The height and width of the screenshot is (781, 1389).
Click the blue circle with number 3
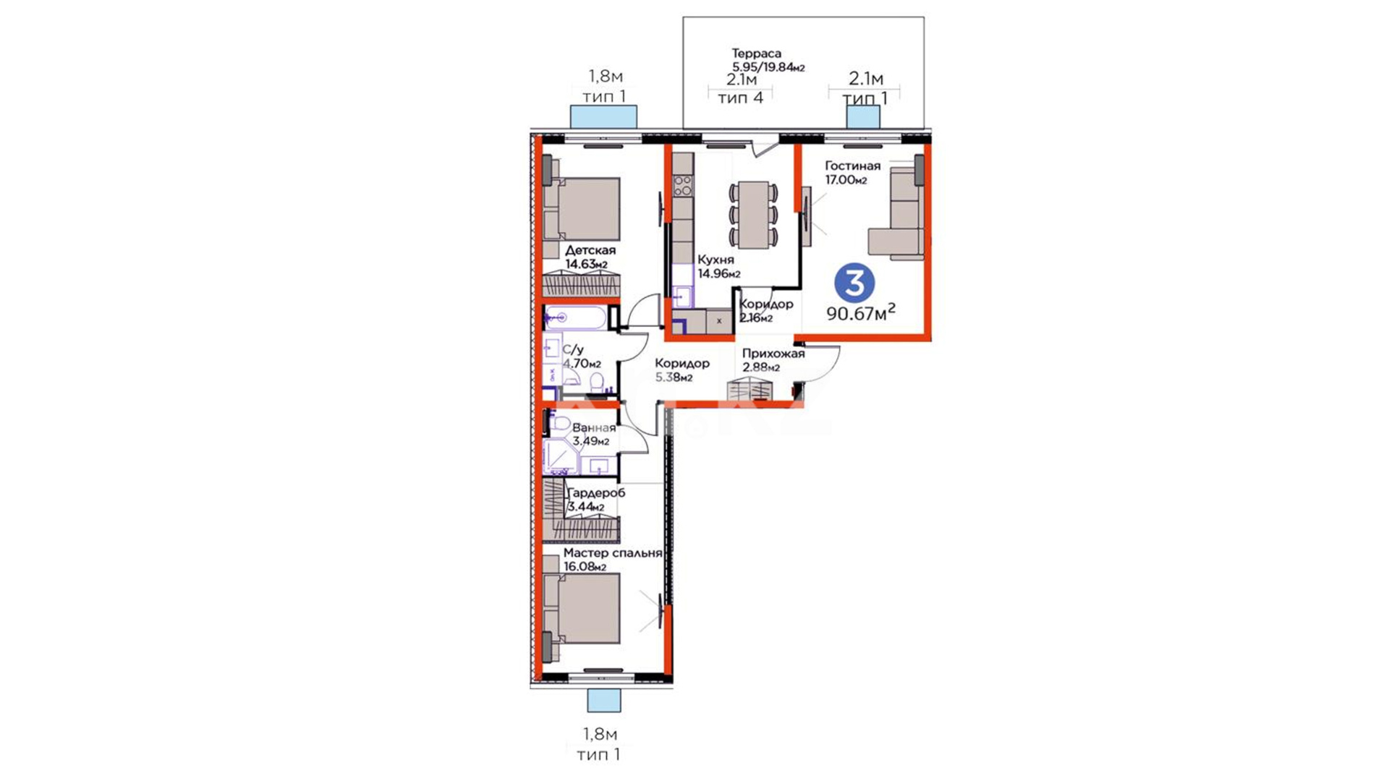tap(854, 283)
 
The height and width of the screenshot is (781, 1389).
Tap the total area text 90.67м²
tap(861, 312)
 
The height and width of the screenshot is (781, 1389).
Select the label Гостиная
tap(853, 166)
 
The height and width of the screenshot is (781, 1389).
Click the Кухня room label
tap(715, 260)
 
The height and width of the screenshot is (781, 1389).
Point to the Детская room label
tap(590, 250)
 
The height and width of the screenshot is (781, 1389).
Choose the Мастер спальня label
tap(613, 553)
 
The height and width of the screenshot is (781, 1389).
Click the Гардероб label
tap(596, 493)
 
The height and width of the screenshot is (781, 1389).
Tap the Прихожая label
tap(773, 354)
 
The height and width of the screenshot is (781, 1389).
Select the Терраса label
tap(757, 54)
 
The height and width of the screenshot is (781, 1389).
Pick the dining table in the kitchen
tap(754, 215)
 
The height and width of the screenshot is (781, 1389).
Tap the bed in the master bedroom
tap(582, 608)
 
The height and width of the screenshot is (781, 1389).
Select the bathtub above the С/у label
tap(576, 317)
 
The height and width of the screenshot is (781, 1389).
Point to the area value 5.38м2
tap(674, 377)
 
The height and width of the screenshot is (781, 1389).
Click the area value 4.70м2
tap(582, 364)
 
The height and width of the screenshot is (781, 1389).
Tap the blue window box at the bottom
tap(603, 700)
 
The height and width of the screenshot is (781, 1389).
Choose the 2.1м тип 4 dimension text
tap(741, 89)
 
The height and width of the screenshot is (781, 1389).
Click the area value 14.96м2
tap(719, 274)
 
